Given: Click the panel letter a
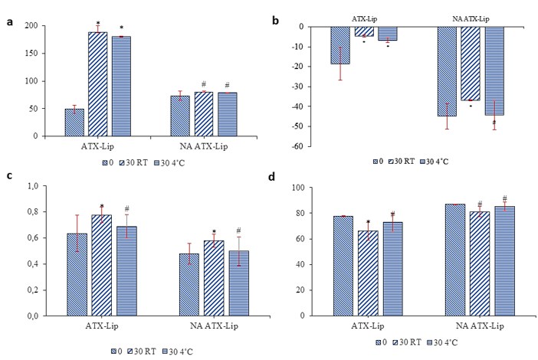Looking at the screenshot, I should point(9,21).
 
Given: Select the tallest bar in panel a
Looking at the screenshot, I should point(97,83).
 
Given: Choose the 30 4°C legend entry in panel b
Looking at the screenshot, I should point(434,161).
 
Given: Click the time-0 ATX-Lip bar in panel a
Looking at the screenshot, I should point(74,122).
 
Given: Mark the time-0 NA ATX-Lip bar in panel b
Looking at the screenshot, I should point(447,71).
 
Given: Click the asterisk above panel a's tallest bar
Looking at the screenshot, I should point(98,24).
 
